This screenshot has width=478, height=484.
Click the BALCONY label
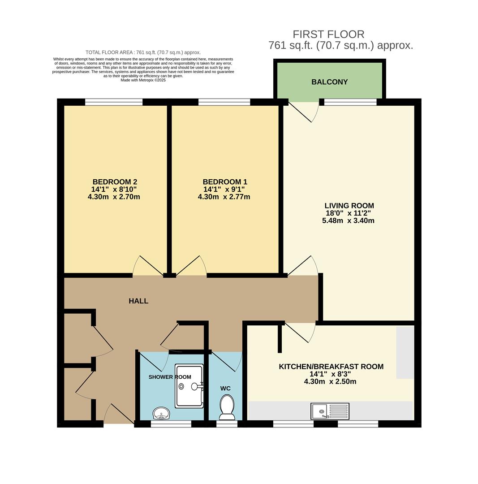pyautogui.click(x=329, y=82)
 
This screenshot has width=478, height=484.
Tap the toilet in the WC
pyautogui.click(x=227, y=407)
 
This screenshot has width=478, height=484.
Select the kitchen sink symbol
pyautogui.click(x=330, y=411)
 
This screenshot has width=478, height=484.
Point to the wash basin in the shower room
pyautogui.click(x=161, y=413)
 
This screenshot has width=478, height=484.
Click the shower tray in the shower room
pyautogui.click(x=189, y=386)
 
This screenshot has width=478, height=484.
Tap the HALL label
pyautogui.click(x=138, y=301)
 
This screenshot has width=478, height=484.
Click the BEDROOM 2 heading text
pyautogui.click(x=115, y=182)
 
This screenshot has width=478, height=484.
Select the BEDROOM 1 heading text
pyautogui.click(x=225, y=182)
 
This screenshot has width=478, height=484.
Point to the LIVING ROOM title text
pyautogui.click(x=349, y=206)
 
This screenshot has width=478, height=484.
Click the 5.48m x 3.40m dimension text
pyautogui.click(x=348, y=220)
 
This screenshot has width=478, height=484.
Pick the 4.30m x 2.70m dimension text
pyautogui.click(x=114, y=197)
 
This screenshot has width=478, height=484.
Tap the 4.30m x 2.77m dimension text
pyautogui.click(x=224, y=197)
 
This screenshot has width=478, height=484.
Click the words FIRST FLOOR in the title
pyautogui.click(x=329, y=34)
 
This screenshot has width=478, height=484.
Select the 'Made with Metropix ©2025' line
pyautogui.click(x=143, y=80)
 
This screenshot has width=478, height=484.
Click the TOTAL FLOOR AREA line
pyautogui.click(x=143, y=52)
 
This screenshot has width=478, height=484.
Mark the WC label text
pyautogui.click(x=225, y=388)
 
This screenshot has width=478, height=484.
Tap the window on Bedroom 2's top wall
pyautogui.click(x=114, y=102)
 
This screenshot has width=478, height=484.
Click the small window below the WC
pyautogui.click(x=227, y=424)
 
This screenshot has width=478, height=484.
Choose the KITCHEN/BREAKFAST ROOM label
pyautogui.click(x=331, y=367)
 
